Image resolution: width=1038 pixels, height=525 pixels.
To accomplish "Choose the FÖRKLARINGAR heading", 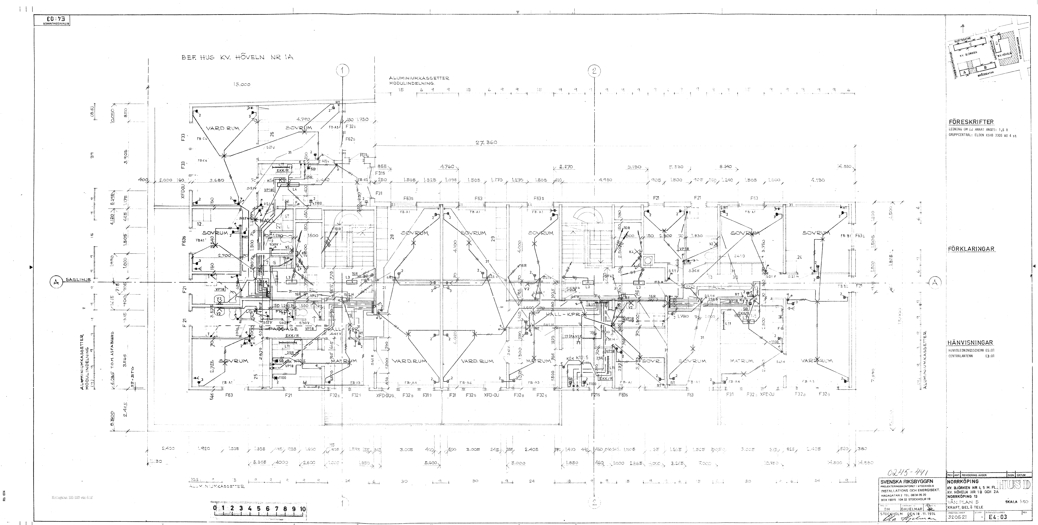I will point(971,249).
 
